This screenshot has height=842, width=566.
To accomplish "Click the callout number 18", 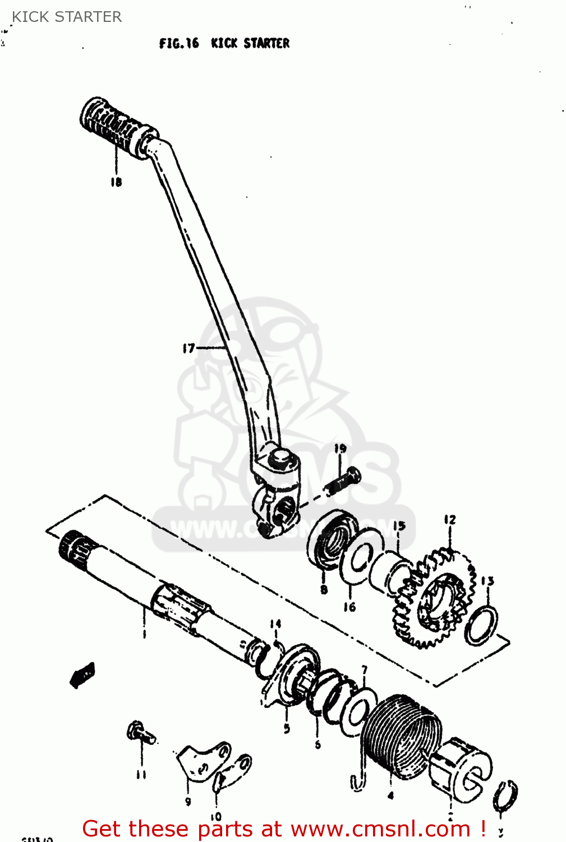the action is tap(116, 182).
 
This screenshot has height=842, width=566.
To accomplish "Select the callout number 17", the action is tap(188, 349).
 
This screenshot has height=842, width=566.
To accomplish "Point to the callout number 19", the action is tap(340, 449).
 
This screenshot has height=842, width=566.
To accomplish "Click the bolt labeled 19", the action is tap(342, 482).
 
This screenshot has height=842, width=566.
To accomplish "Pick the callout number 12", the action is tap(450, 520).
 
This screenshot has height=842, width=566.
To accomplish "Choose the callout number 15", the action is tap(399, 527).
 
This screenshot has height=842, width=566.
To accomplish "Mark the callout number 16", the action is tap(349, 607).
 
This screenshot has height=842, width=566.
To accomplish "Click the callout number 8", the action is tap(324, 589).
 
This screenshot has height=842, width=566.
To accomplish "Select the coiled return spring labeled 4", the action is tap(399, 735).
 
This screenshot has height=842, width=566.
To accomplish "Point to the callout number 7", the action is tap(365, 670).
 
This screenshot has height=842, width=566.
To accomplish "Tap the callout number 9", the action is tap(188, 802).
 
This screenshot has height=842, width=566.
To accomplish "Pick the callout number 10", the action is tap(216, 817).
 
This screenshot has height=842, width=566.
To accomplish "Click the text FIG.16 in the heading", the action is tap(179, 43).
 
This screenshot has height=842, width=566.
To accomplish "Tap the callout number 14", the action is tap(275, 624).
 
